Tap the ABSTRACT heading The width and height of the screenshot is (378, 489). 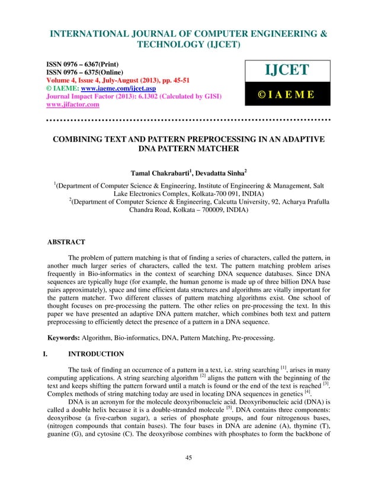click(65, 242)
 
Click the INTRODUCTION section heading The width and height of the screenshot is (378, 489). click(96, 354)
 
